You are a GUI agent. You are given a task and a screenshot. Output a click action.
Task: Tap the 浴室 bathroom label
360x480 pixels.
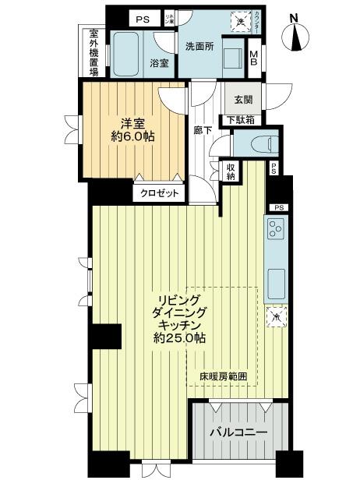pos(160,64)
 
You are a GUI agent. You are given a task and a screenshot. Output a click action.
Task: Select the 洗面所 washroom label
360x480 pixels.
pos(199,46)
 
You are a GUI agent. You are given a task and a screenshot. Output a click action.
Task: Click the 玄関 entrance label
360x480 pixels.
pos(237,99)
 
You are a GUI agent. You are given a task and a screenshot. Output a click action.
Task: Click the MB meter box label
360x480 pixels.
pos(254,58)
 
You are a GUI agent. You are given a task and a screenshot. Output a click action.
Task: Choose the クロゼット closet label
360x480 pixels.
pos(160,192)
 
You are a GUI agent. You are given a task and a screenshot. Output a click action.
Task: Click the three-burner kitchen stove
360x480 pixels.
pos(275,228)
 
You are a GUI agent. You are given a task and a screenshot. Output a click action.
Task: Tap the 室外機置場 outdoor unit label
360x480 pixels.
pos(94,53)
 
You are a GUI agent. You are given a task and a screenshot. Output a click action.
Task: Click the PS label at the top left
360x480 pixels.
pos(142,19)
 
